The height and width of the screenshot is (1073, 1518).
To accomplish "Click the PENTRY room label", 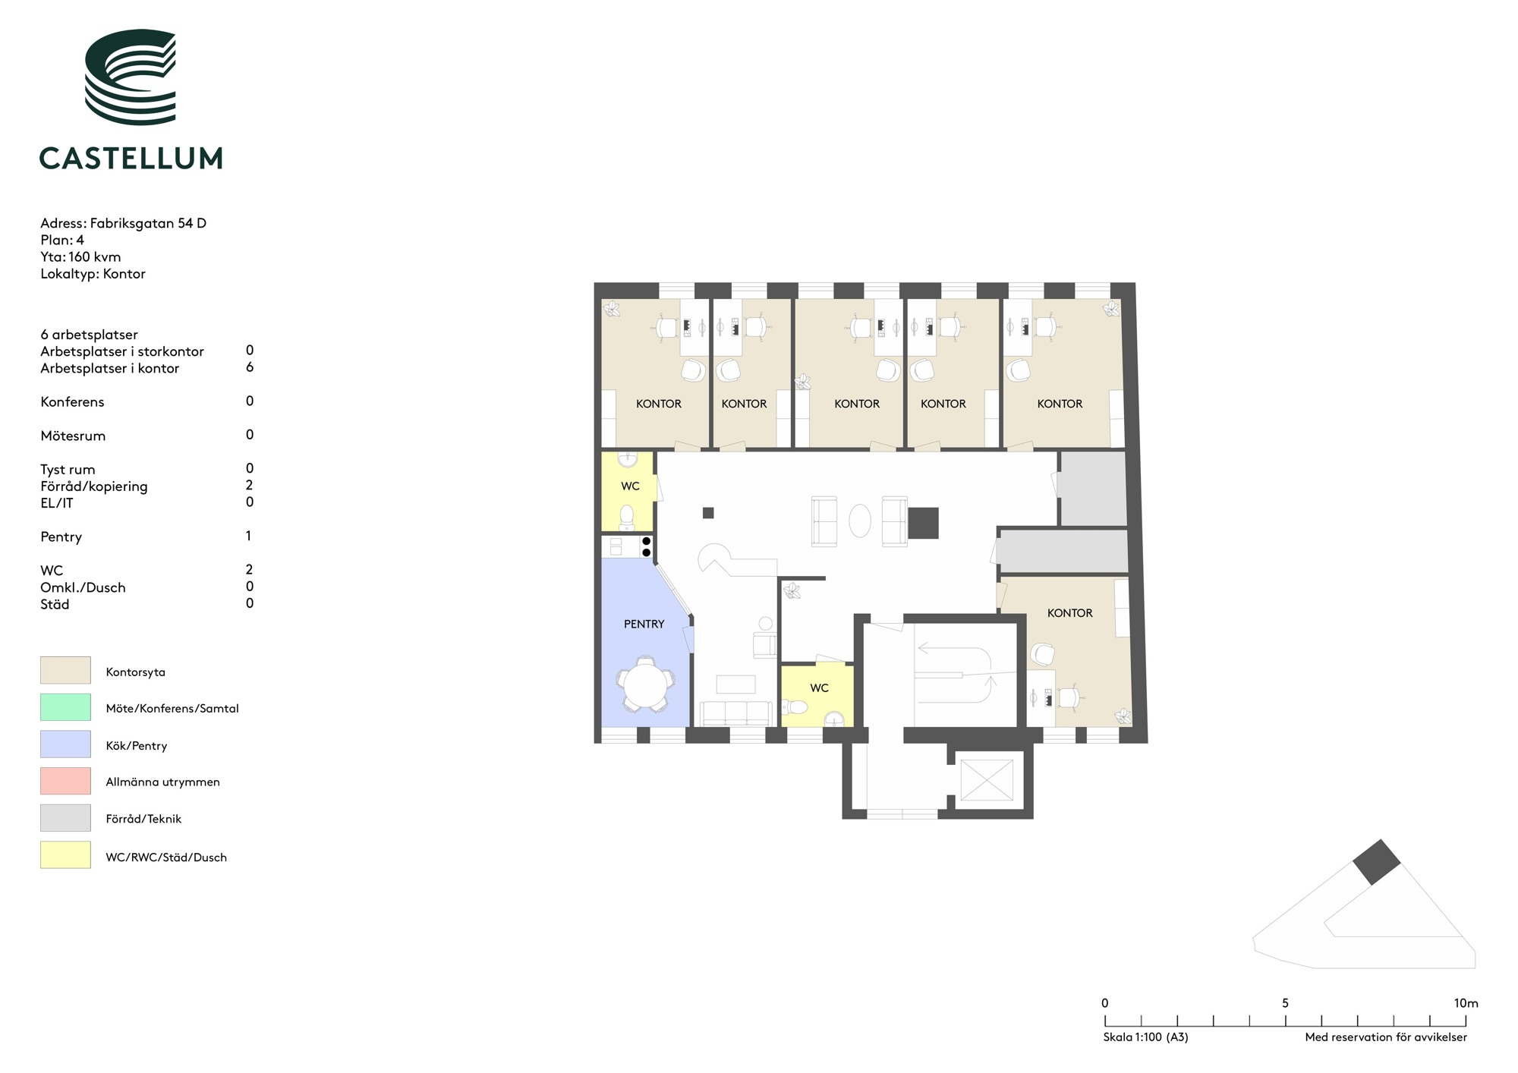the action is tap(644, 624).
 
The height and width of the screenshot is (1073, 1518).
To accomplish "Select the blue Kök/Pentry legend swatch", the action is tap(65, 744).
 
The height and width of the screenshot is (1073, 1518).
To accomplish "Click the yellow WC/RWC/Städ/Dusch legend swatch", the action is tap(65, 855).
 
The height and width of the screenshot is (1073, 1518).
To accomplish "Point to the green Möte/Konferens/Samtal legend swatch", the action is tap(65, 707).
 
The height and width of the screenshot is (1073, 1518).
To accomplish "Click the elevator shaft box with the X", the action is tap(987, 779).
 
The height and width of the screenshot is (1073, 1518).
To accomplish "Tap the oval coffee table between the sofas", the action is tap(860, 521).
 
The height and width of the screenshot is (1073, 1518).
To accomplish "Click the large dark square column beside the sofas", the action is tap(923, 523).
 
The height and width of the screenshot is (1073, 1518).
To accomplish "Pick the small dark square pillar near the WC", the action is tap(708, 513).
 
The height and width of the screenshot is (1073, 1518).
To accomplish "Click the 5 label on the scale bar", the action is tap(1285, 1003).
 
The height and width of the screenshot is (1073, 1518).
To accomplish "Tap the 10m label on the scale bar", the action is tap(1466, 1003).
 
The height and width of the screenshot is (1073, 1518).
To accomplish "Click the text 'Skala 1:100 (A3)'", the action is tap(1145, 1037).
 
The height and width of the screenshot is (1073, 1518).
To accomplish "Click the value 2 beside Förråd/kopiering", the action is tap(249, 485).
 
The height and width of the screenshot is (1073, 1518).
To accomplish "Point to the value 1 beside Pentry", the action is tap(248, 536).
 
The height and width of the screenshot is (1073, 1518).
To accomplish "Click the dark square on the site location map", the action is tap(1377, 862).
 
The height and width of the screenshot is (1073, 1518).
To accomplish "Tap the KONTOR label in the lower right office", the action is tap(1069, 613).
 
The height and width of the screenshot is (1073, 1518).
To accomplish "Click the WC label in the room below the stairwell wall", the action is tap(819, 688).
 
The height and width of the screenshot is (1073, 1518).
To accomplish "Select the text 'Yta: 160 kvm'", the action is tap(80, 256).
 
